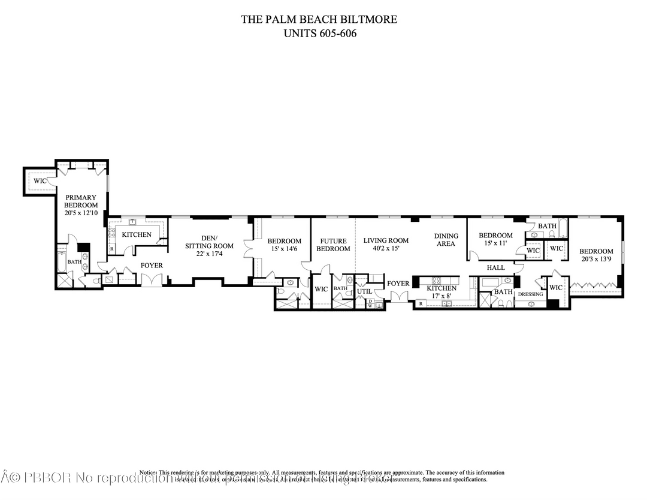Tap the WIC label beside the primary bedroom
point(40,180)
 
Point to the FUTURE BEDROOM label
point(333,245)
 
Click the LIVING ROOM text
point(386,240)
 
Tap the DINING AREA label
point(446,240)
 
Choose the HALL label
point(495,267)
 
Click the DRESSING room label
point(530,294)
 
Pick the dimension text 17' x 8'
point(442,296)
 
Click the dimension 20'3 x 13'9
point(596,259)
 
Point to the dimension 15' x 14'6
point(284,249)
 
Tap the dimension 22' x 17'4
point(209,254)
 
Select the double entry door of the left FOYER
point(152,280)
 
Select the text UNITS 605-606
point(319,34)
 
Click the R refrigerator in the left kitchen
point(111,248)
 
